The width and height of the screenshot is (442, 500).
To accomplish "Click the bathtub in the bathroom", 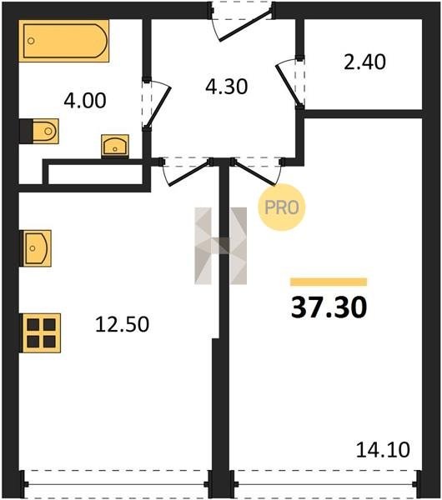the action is (x=64, y=41).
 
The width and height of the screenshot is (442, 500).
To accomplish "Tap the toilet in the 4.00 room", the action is (x=39, y=131).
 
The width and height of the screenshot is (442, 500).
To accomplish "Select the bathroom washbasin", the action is (x=115, y=146).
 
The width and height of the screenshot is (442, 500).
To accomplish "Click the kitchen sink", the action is (x=35, y=248).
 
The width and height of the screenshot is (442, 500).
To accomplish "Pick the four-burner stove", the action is (x=41, y=333).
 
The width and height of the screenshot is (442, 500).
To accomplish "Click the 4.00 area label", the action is (x=85, y=101).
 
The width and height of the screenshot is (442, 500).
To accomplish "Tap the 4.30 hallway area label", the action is (x=226, y=87).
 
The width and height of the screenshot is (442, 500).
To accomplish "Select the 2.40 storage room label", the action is (x=364, y=62).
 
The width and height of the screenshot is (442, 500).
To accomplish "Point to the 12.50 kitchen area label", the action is (x=123, y=324).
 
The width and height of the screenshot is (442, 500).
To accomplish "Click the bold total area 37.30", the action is (x=329, y=307).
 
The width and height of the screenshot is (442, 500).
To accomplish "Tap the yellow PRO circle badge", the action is (x=282, y=207).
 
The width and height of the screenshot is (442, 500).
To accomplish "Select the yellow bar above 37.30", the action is (x=329, y=282).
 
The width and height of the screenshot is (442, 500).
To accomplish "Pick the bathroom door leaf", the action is (x=158, y=107).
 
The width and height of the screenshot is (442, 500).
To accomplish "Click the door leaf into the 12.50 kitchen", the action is (x=189, y=173).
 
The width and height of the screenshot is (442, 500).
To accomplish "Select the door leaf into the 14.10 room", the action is (x=254, y=173).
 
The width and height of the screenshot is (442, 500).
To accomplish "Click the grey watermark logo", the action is (x=221, y=246).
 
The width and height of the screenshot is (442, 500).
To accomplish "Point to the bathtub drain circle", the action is (x=31, y=41).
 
